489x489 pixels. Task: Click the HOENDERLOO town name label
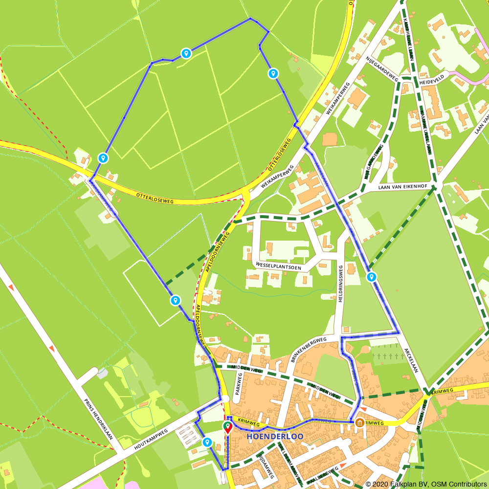coord(275,436)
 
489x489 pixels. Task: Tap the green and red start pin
coord(228,428)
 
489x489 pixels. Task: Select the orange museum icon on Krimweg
coord(360,422)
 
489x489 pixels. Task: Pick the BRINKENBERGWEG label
coord(309,349)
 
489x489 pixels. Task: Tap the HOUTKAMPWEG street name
coord(151,439)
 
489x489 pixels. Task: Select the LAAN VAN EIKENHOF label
coord(403,186)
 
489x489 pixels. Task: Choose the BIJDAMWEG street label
coord(265,465)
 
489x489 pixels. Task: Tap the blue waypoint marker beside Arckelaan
coord(372,277)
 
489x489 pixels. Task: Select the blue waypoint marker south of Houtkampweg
coord(207,442)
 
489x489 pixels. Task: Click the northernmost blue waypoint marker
coord(186,53)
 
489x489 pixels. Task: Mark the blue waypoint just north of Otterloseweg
coord(103,158)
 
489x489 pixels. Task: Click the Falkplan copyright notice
coord(426,484)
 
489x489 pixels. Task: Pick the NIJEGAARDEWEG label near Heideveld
coord(382,69)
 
